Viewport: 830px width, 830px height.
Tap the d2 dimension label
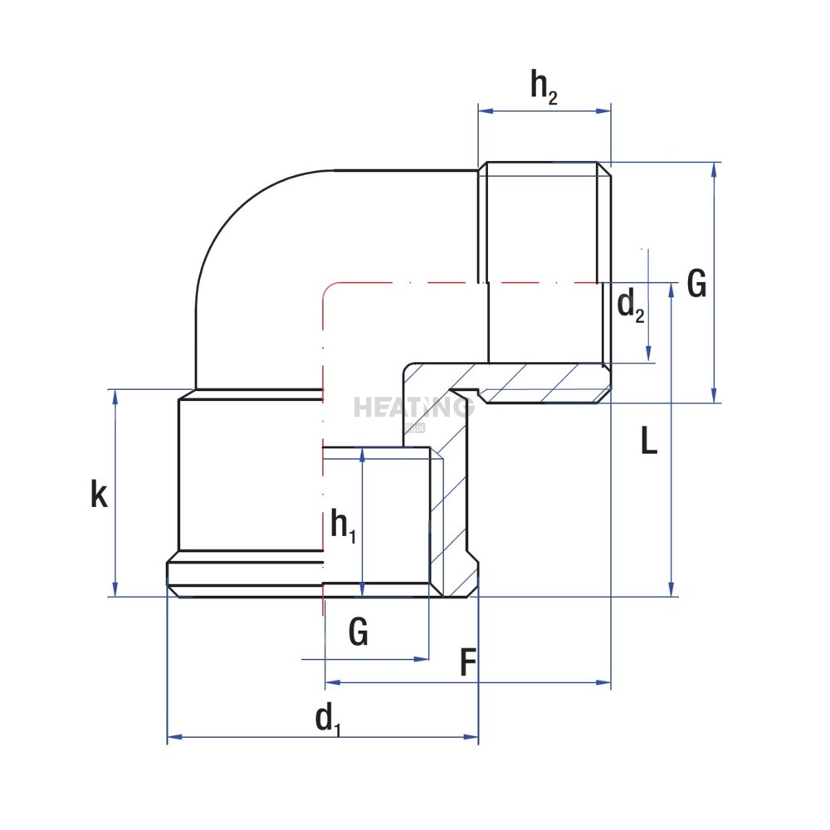click(x=630, y=307)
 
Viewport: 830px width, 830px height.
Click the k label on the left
click(x=99, y=495)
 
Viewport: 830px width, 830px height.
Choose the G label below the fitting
click(x=359, y=633)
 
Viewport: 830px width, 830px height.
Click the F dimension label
click(x=468, y=664)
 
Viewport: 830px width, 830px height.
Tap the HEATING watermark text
click(x=413, y=408)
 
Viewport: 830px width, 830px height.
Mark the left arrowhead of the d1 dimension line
click(x=173, y=736)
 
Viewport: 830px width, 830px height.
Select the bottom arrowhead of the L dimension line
click(x=671, y=590)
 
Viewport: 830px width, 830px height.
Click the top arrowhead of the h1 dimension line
click(x=362, y=454)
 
